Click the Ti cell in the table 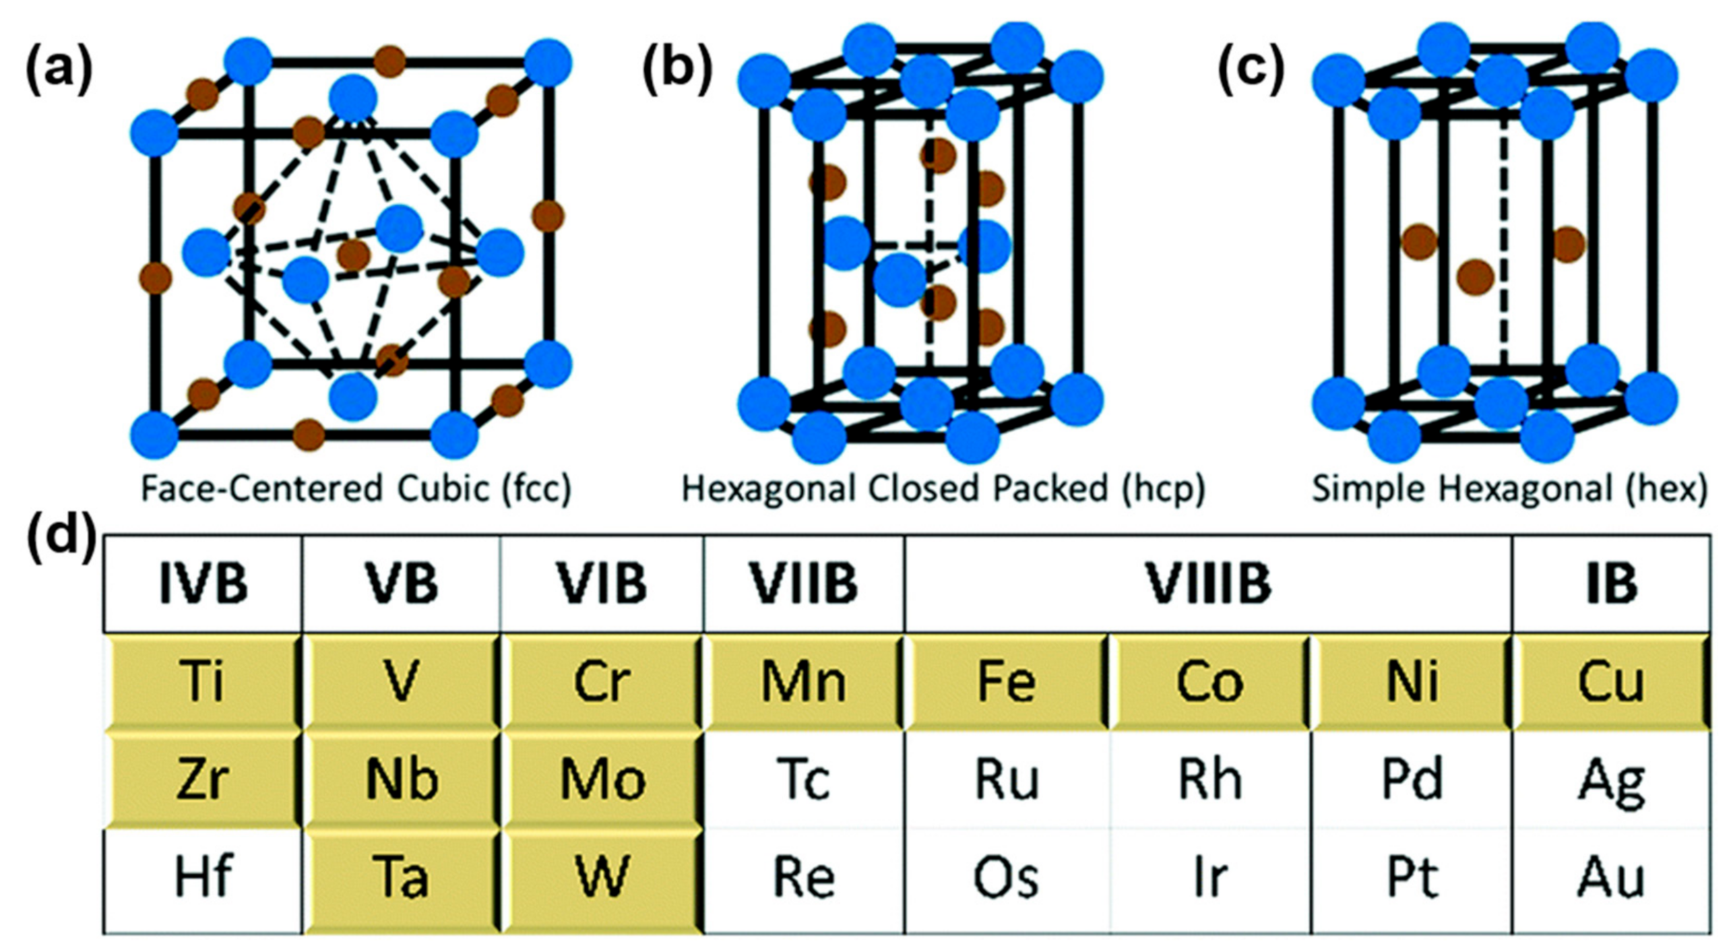click(202, 682)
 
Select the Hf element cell click(202, 877)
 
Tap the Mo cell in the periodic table click(602, 780)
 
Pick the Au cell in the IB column click(1611, 877)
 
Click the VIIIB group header click(1209, 583)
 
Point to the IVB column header click(202, 583)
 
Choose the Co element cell click(1209, 682)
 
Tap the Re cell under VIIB click(804, 877)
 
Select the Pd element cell click(1412, 780)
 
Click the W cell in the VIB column click(602, 877)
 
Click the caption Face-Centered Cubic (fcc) click(356, 489)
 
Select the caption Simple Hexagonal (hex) click(1509, 489)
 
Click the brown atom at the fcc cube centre click(354, 255)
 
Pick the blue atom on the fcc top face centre click(352, 98)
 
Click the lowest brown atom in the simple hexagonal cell click(1475, 276)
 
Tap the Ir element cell click(1209, 877)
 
